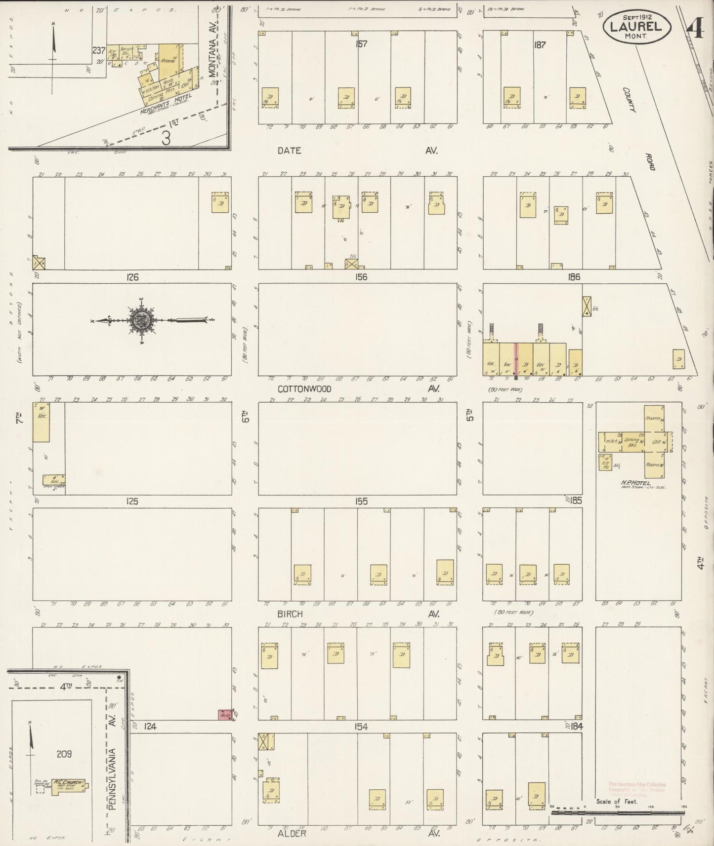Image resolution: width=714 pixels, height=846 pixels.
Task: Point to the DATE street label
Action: [x=289, y=151]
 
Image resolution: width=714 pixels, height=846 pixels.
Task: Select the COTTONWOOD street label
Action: [x=304, y=389]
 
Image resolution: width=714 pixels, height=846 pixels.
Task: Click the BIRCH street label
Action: [x=290, y=614]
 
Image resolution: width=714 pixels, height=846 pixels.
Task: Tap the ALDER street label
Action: [x=292, y=833]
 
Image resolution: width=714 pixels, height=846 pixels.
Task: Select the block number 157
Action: [x=362, y=44]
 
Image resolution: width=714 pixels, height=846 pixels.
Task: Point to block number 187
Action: [x=539, y=44]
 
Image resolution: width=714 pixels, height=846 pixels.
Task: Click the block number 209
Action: [x=64, y=754]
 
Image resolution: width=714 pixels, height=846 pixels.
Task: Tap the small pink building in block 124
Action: [x=226, y=714]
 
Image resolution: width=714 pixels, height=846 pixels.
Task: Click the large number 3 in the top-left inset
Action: [x=166, y=138]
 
